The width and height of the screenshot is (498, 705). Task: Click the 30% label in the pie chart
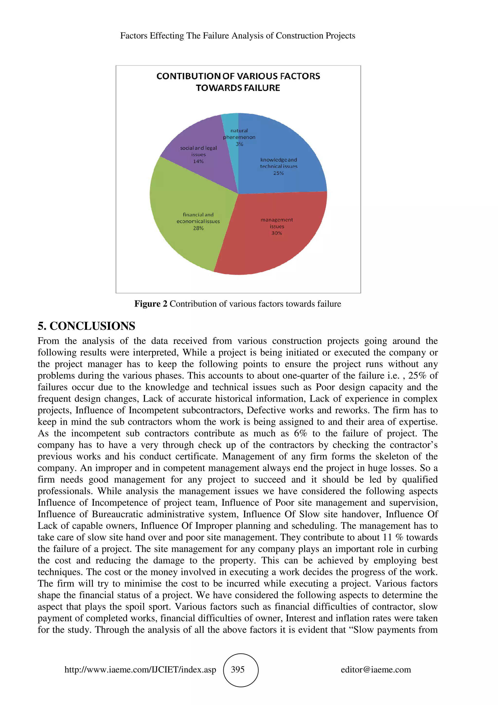(276, 233)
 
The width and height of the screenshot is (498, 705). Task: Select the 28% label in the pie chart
(198, 228)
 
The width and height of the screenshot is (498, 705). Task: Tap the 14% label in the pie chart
(198, 161)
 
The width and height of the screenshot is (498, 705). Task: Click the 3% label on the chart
(239, 144)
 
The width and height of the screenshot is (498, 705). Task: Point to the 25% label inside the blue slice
(278, 173)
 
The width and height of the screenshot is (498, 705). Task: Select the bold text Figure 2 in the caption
(151, 304)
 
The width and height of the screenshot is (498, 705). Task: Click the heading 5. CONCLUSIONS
(86, 326)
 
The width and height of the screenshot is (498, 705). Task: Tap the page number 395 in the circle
(238, 669)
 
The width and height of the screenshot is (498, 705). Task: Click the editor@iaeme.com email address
(376, 669)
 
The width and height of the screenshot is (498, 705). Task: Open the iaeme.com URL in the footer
(140, 669)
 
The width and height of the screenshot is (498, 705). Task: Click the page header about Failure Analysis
(238, 36)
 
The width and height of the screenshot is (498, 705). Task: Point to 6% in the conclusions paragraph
(300, 433)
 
